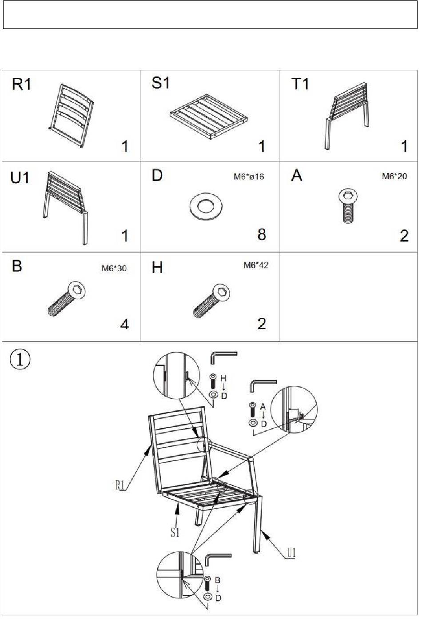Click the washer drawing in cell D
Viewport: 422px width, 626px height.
coord(206,207)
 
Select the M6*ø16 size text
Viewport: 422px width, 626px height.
coord(249,177)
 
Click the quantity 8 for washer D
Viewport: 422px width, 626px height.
coord(262,234)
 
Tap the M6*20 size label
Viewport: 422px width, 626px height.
coord(394,176)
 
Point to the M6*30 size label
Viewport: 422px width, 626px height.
coord(114,268)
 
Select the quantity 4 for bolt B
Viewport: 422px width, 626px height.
coord(124,324)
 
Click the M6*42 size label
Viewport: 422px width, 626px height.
coord(256,265)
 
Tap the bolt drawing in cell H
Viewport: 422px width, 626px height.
coord(212,301)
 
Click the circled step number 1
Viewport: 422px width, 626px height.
coord(20,360)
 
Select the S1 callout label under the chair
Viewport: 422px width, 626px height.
coord(175,532)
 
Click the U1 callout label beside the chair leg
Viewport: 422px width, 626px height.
coord(291,553)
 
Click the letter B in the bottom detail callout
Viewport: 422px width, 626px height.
coord(218,580)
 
